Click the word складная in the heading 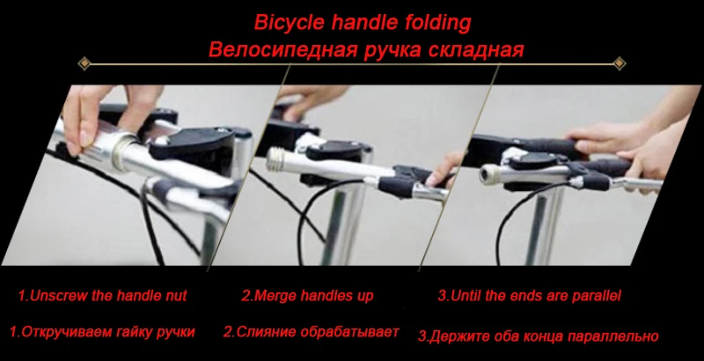pos(476,49)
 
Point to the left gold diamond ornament pos(85,63)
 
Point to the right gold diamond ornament pos(619,63)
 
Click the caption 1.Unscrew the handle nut pos(103,296)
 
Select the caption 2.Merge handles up pos(307,296)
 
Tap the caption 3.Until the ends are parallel pos(529,296)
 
